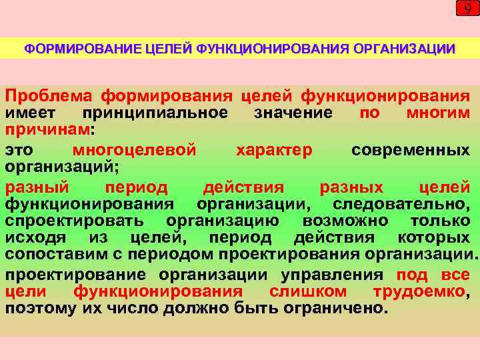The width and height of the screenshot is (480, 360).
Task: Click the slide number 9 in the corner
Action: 467,9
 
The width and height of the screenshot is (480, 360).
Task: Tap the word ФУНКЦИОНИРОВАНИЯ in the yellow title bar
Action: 275,49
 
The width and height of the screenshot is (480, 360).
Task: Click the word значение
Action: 293,113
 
